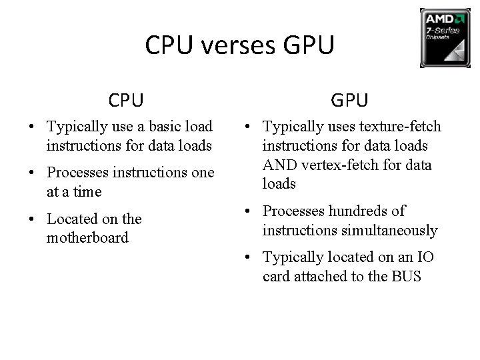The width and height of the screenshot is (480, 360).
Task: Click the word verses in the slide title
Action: [240, 46]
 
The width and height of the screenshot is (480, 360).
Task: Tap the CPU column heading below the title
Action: [127, 100]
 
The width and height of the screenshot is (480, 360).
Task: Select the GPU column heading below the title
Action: [349, 100]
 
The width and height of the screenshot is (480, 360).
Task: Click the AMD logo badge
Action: [445, 37]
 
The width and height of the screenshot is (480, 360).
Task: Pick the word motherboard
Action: [87, 237]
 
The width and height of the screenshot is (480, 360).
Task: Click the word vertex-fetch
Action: [345, 165]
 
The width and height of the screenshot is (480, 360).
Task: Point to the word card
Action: [277, 276]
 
